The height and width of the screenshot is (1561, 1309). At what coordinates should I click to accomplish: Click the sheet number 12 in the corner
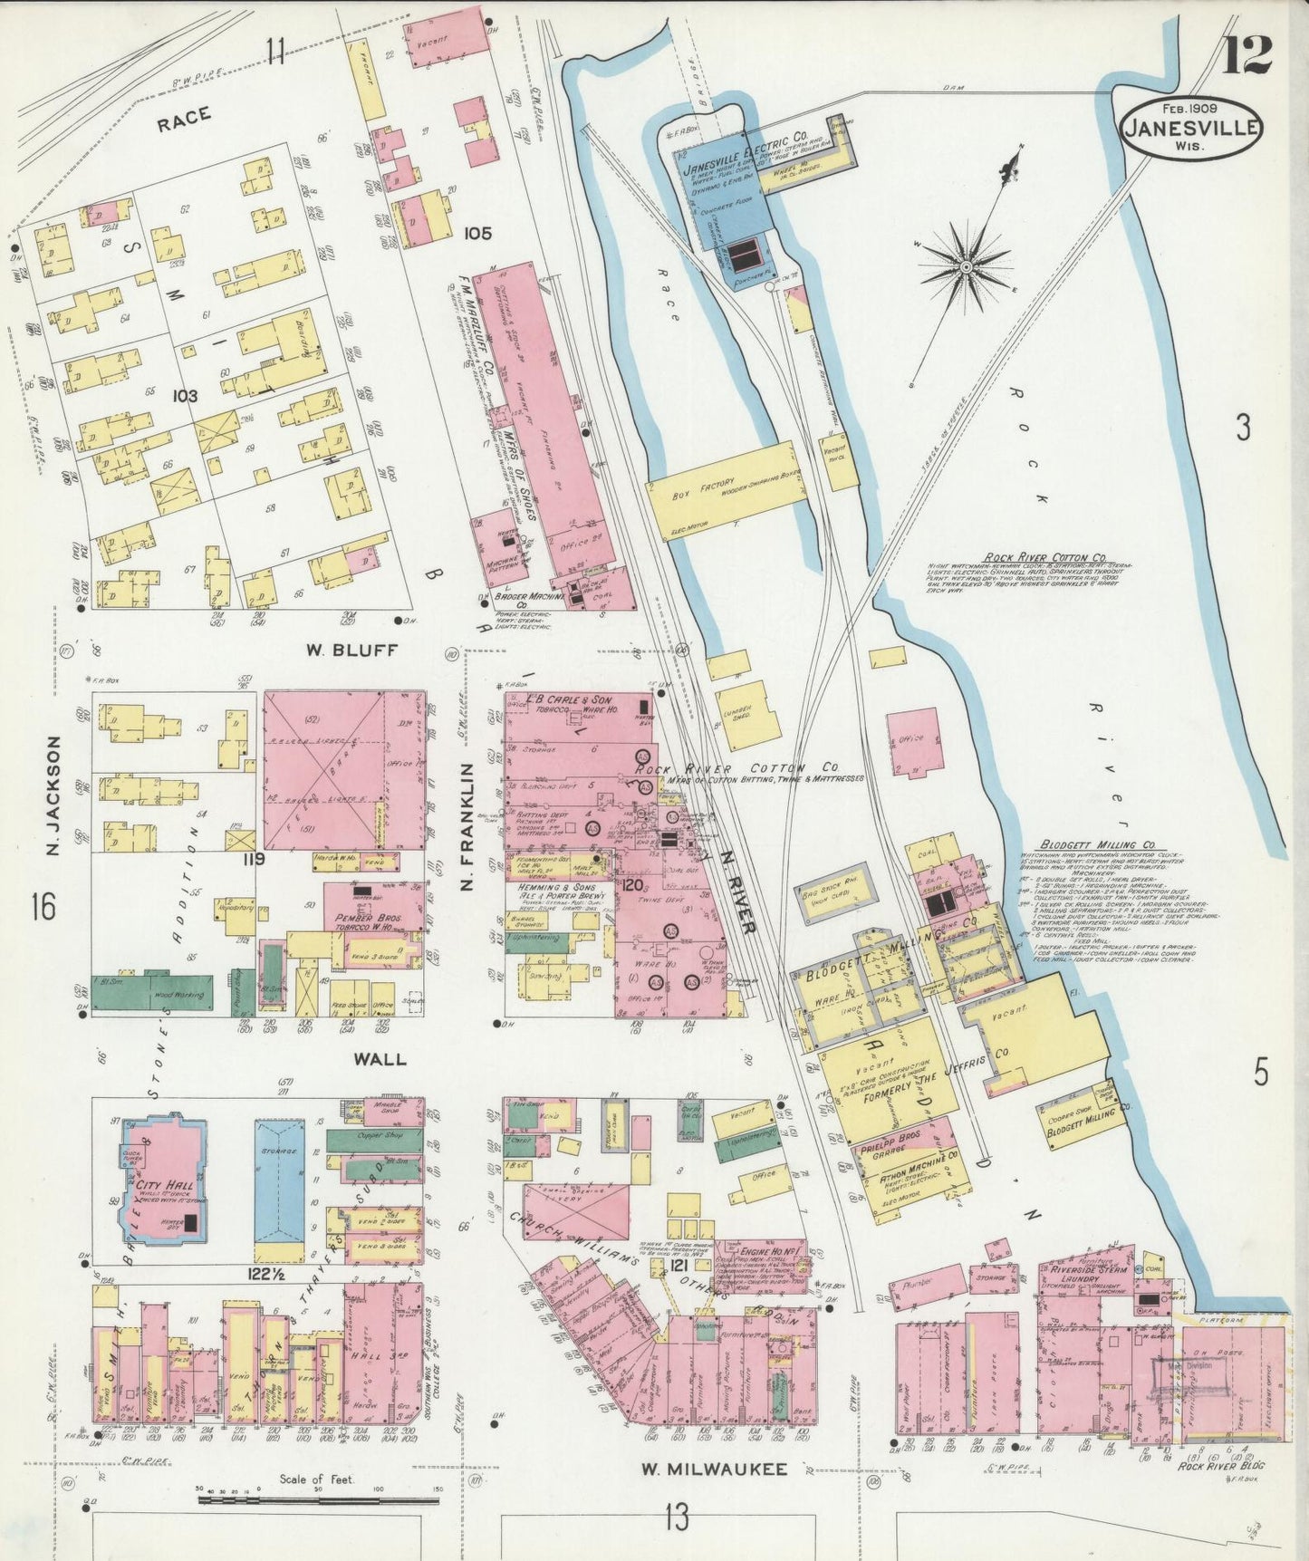tap(1247, 54)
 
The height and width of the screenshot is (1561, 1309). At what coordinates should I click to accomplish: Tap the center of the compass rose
tap(967, 266)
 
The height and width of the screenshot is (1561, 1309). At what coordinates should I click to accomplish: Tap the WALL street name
tap(380, 1058)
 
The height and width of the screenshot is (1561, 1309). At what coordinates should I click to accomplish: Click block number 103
tap(186, 396)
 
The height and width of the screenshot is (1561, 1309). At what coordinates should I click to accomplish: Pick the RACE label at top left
tap(183, 115)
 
